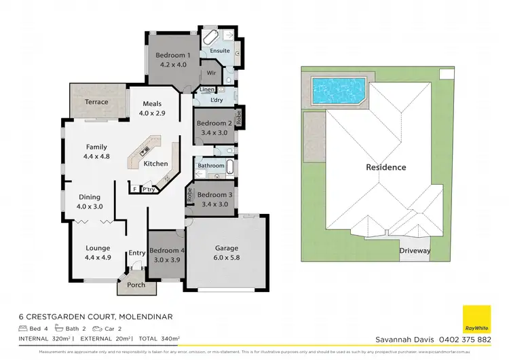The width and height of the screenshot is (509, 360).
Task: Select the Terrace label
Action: tap(96, 102)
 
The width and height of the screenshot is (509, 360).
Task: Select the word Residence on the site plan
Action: tap(385, 167)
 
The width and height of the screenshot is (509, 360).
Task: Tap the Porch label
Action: tap(136, 285)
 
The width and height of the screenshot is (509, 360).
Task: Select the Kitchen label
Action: tap(155, 164)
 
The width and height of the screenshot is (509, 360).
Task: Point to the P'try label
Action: tap(147, 190)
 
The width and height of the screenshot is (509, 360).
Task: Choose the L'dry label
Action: tap(217, 101)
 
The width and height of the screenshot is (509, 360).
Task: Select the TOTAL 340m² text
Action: tap(159, 338)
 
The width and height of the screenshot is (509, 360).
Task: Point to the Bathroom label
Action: tap(211, 165)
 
